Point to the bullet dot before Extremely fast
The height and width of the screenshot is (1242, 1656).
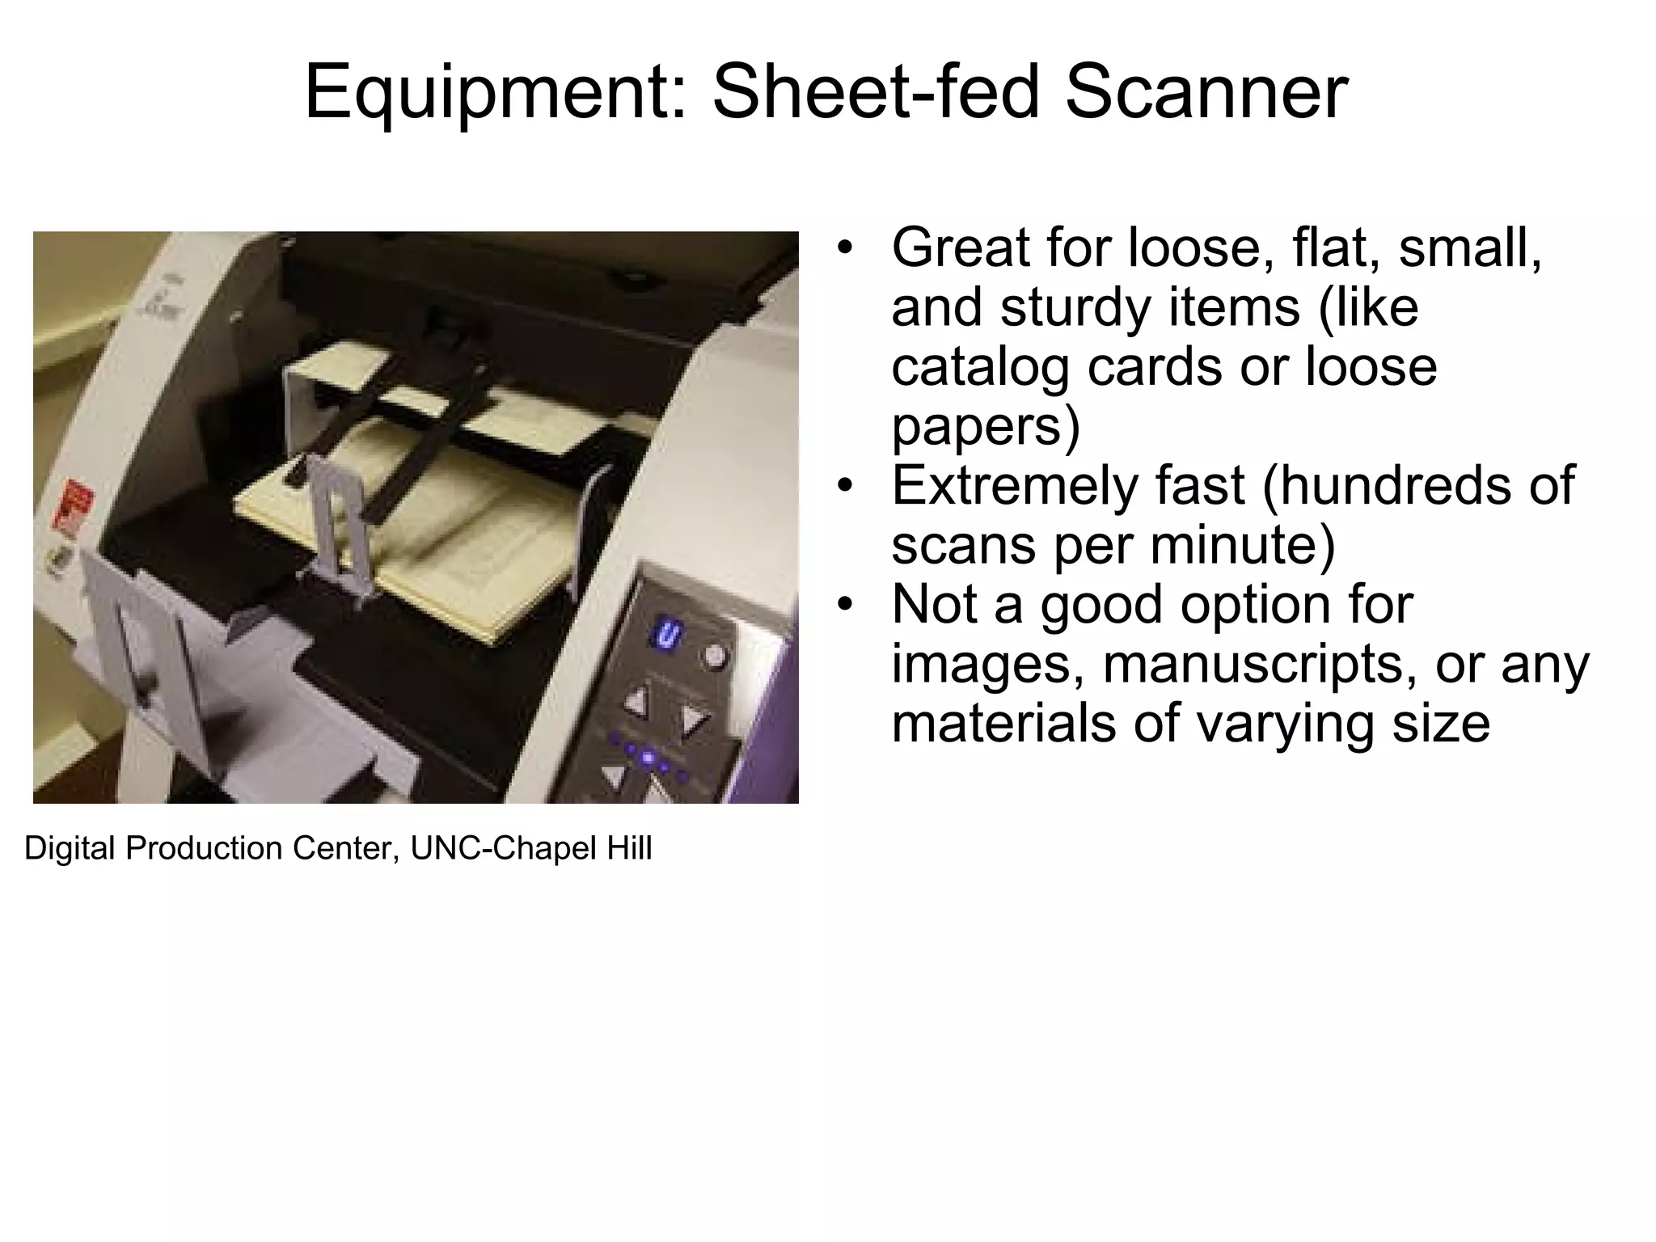tap(845, 485)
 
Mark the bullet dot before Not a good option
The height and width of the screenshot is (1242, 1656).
tap(845, 604)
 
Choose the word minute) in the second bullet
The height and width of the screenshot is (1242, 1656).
tap(1243, 544)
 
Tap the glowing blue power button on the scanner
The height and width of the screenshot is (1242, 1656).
tap(667, 632)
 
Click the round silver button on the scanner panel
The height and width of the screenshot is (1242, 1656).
tap(714, 655)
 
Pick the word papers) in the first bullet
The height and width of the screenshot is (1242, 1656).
tap(985, 426)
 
